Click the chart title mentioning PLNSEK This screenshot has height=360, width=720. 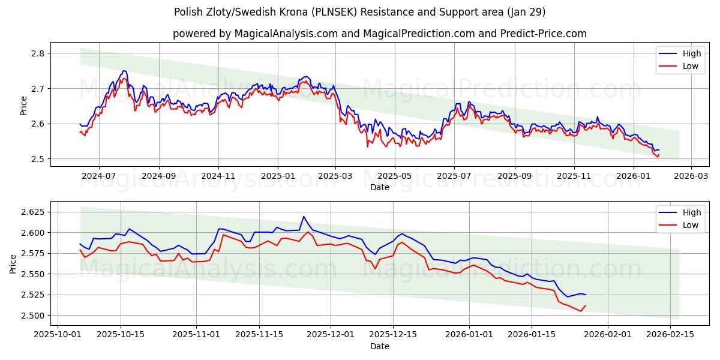[360, 12]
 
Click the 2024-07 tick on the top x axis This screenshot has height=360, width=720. [98, 176]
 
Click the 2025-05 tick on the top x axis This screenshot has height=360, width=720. [395, 176]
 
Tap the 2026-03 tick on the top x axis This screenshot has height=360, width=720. [691, 176]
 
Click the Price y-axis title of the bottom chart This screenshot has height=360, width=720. [13, 263]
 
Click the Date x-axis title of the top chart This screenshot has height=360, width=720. [379, 187]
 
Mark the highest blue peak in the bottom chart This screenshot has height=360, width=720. [304, 217]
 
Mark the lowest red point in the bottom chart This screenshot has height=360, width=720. [580, 311]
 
